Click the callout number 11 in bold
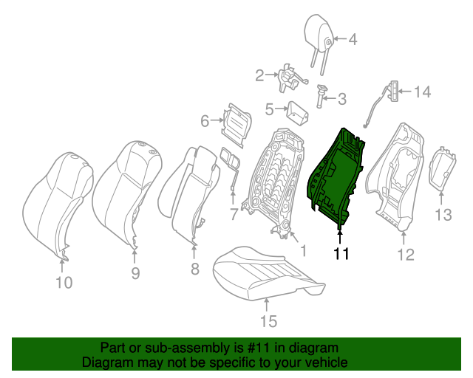(340, 254)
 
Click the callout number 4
(353, 40)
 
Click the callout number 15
(268, 320)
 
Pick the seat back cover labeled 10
(55, 199)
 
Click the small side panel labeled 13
(443, 169)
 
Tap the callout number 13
(442, 215)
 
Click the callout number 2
(259, 75)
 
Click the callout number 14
(421, 92)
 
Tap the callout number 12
(405, 255)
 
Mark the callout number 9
(135, 273)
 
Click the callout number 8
(194, 269)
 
